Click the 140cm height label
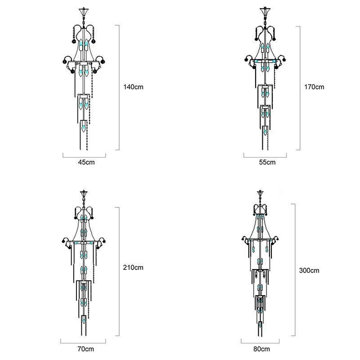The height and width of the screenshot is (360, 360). [133, 87]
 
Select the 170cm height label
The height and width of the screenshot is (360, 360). [314, 87]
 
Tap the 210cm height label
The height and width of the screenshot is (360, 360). [133, 267]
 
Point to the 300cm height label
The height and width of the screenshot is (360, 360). [309, 270]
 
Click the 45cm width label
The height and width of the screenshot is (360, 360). [84, 162]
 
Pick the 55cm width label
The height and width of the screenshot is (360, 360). [265, 162]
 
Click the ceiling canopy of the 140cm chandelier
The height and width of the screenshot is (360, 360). [84, 10]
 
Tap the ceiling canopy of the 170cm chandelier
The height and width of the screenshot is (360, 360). [264, 10]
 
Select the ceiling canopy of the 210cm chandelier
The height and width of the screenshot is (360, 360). [84, 193]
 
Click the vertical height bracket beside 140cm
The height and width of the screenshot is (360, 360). [119, 87]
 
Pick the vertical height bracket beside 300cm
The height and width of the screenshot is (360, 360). [295, 270]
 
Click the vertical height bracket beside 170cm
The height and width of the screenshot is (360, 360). [299, 88]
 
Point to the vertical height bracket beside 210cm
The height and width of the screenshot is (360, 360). [119, 271]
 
